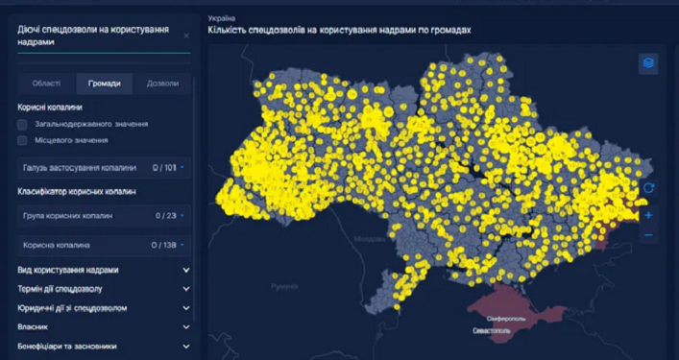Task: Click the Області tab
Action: pos(46,84)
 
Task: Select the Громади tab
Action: pos(105,84)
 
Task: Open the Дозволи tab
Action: pos(162,84)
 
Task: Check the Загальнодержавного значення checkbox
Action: pos(23,125)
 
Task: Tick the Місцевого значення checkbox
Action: pos(23,140)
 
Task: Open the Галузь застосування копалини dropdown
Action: pos(102,168)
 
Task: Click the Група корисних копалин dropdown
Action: pos(102,216)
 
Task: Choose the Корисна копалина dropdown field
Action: pos(102,245)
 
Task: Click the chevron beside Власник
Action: pos(185,327)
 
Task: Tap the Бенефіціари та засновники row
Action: pos(102,346)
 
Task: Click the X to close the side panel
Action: pos(186,36)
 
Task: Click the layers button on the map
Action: pos(649,63)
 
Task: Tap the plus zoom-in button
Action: pos(649,215)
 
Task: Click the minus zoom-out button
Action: pos(649,235)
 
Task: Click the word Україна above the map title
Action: pos(221,17)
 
